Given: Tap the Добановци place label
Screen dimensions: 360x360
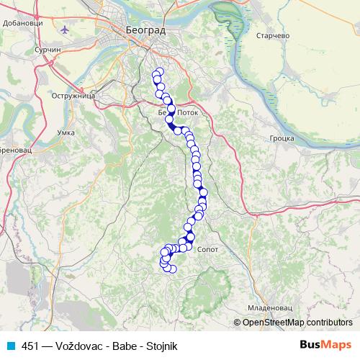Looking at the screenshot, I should click(x=24, y=23).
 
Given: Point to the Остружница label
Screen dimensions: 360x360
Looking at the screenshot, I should click(x=76, y=94).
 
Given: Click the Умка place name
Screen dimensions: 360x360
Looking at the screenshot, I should click(x=66, y=133).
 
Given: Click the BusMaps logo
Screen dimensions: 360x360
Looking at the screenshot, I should click(x=325, y=345).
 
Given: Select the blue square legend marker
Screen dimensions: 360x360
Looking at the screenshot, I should click(x=10, y=346).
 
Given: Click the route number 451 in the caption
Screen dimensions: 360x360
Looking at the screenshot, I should click(x=30, y=346).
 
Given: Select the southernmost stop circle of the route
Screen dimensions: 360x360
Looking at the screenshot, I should click(x=172, y=269).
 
